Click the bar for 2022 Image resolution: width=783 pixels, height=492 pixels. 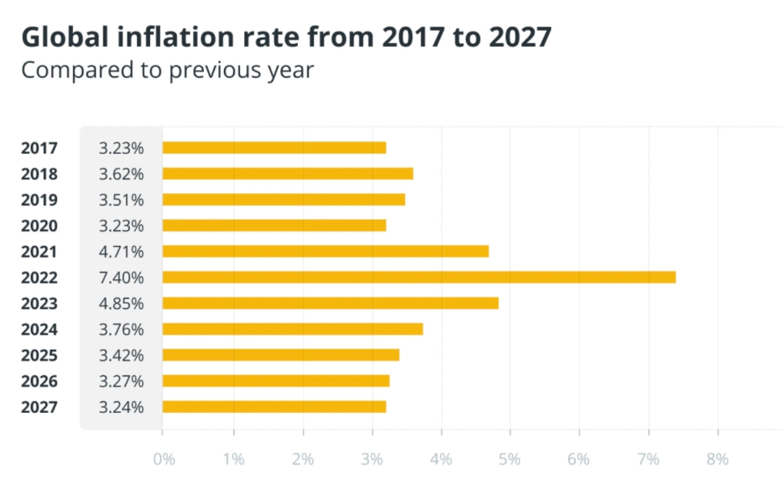(x=418, y=278)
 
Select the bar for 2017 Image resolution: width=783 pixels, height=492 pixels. (x=274, y=148)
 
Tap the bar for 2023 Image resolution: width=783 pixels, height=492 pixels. (x=330, y=303)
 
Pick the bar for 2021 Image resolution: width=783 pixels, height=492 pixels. (x=325, y=251)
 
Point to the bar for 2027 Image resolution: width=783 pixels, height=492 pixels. (x=274, y=407)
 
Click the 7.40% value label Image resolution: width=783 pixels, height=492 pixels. (x=121, y=278)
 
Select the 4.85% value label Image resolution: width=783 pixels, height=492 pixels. (x=121, y=303)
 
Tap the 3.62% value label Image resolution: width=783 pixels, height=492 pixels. (x=121, y=174)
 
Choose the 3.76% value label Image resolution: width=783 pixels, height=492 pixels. (x=121, y=329)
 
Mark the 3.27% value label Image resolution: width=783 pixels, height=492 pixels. (x=121, y=381)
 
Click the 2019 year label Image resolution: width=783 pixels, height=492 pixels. (x=39, y=199)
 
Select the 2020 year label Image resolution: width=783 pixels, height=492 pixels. (x=39, y=226)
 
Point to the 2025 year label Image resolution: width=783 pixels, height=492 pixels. (x=39, y=355)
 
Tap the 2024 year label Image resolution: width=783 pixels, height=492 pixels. (x=39, y=329)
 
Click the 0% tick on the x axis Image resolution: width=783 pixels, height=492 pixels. (x=163, y=459)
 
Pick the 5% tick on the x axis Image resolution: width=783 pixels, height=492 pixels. (x=510, y=459)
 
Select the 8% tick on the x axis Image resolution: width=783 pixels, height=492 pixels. (x=718, y=459)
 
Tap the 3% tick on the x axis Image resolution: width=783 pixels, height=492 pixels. (x=371, y=459)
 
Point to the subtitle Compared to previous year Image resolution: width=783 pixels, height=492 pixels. (x=167, y=70)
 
